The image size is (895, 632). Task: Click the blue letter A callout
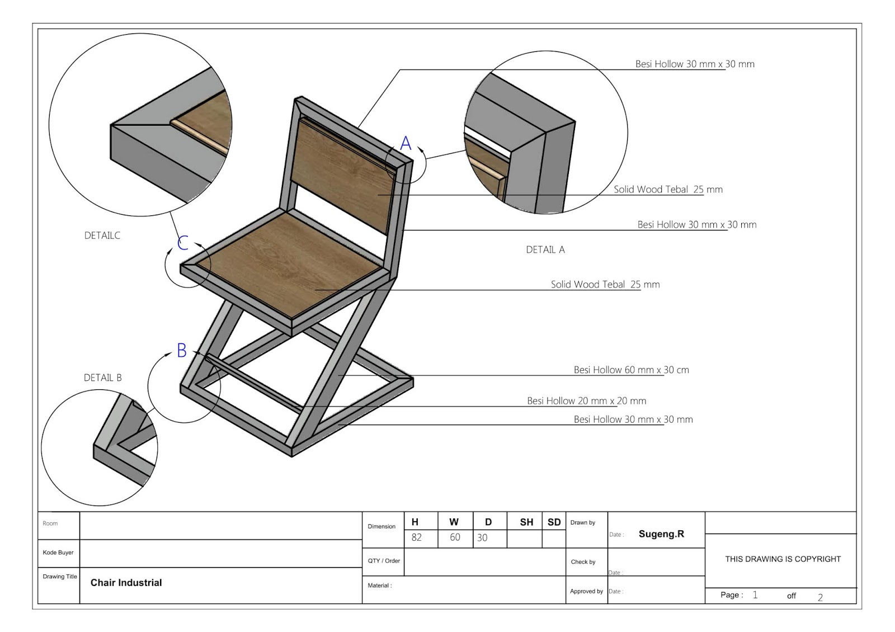coord(406,143)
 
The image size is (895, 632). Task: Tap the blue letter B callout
coord(182,351)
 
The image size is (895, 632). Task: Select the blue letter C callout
coord(183,243)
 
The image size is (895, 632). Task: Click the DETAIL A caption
coord(545,250)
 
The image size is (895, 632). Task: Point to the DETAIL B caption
coord(103,378)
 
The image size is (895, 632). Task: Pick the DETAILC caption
coord(102,235)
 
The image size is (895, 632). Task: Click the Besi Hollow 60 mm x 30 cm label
coord(631,370)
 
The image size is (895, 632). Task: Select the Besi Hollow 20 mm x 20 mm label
coord(586,400)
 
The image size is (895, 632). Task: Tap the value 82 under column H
coord(416,537)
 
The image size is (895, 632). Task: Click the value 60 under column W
coord(455,537)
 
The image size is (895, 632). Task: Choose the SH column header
coord(526,522)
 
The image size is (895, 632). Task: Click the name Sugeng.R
coord(661,534)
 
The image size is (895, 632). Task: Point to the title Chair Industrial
coord(126,583)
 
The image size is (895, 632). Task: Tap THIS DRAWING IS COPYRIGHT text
coord(783,559)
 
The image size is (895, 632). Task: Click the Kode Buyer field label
coord(58,553)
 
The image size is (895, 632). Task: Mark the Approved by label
coord(586,591)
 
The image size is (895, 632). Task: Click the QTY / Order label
coord(384,560)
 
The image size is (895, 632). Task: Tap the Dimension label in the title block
coord(381,526)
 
